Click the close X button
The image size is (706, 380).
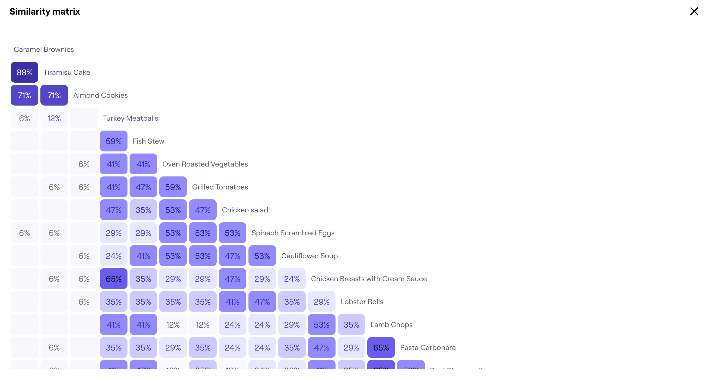694,11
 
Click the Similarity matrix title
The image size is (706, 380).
45,11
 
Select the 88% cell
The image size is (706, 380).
25,72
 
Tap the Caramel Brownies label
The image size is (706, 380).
44,49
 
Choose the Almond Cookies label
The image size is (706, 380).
100,95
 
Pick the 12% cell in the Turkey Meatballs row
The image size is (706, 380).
54,118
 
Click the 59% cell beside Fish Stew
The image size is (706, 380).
113,141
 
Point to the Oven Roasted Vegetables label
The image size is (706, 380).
205,164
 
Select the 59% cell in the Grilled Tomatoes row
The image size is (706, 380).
173,187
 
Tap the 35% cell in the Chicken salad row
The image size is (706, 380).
143,210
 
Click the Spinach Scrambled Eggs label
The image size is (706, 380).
293,233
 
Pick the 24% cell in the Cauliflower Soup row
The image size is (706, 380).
113,256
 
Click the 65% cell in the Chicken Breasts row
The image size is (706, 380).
113,279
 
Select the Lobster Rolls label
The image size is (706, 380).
362,302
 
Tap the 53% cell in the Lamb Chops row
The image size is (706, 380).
321,325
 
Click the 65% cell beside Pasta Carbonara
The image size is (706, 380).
381,348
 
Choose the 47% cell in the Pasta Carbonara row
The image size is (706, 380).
321,348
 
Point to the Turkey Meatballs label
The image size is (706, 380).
130,118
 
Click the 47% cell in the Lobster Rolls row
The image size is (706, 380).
262,302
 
